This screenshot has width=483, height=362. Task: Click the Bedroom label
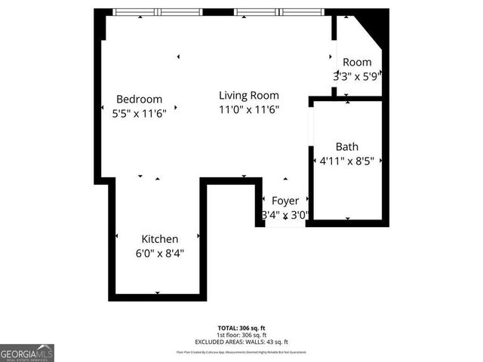coord(140,99)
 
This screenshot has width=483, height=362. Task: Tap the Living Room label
coord(249,96)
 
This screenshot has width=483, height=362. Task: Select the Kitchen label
coord(159,239)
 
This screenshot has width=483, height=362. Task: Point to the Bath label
coord(347,147)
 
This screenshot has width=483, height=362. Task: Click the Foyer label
coord(285,201)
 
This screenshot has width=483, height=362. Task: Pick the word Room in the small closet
coord(357,62)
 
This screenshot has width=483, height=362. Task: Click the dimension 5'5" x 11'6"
coord(134,112)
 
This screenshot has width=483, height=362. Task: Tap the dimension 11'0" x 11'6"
coord(249,109)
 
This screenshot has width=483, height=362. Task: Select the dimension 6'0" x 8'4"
coord(159,253)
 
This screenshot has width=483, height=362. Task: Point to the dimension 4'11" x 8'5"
coord(347,161)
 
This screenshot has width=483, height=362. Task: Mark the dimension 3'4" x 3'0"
coord(285,215)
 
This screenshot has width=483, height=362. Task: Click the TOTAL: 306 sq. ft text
coord(241,328)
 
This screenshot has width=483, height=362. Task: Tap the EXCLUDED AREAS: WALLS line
coord(241,342)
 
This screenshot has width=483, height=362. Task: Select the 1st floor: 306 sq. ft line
coord(241,335)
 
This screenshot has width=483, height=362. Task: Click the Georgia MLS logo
coord(27,352)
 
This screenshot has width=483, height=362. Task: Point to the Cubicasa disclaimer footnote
coord(241,352)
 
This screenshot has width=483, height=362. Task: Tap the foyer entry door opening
coord(285,225)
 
